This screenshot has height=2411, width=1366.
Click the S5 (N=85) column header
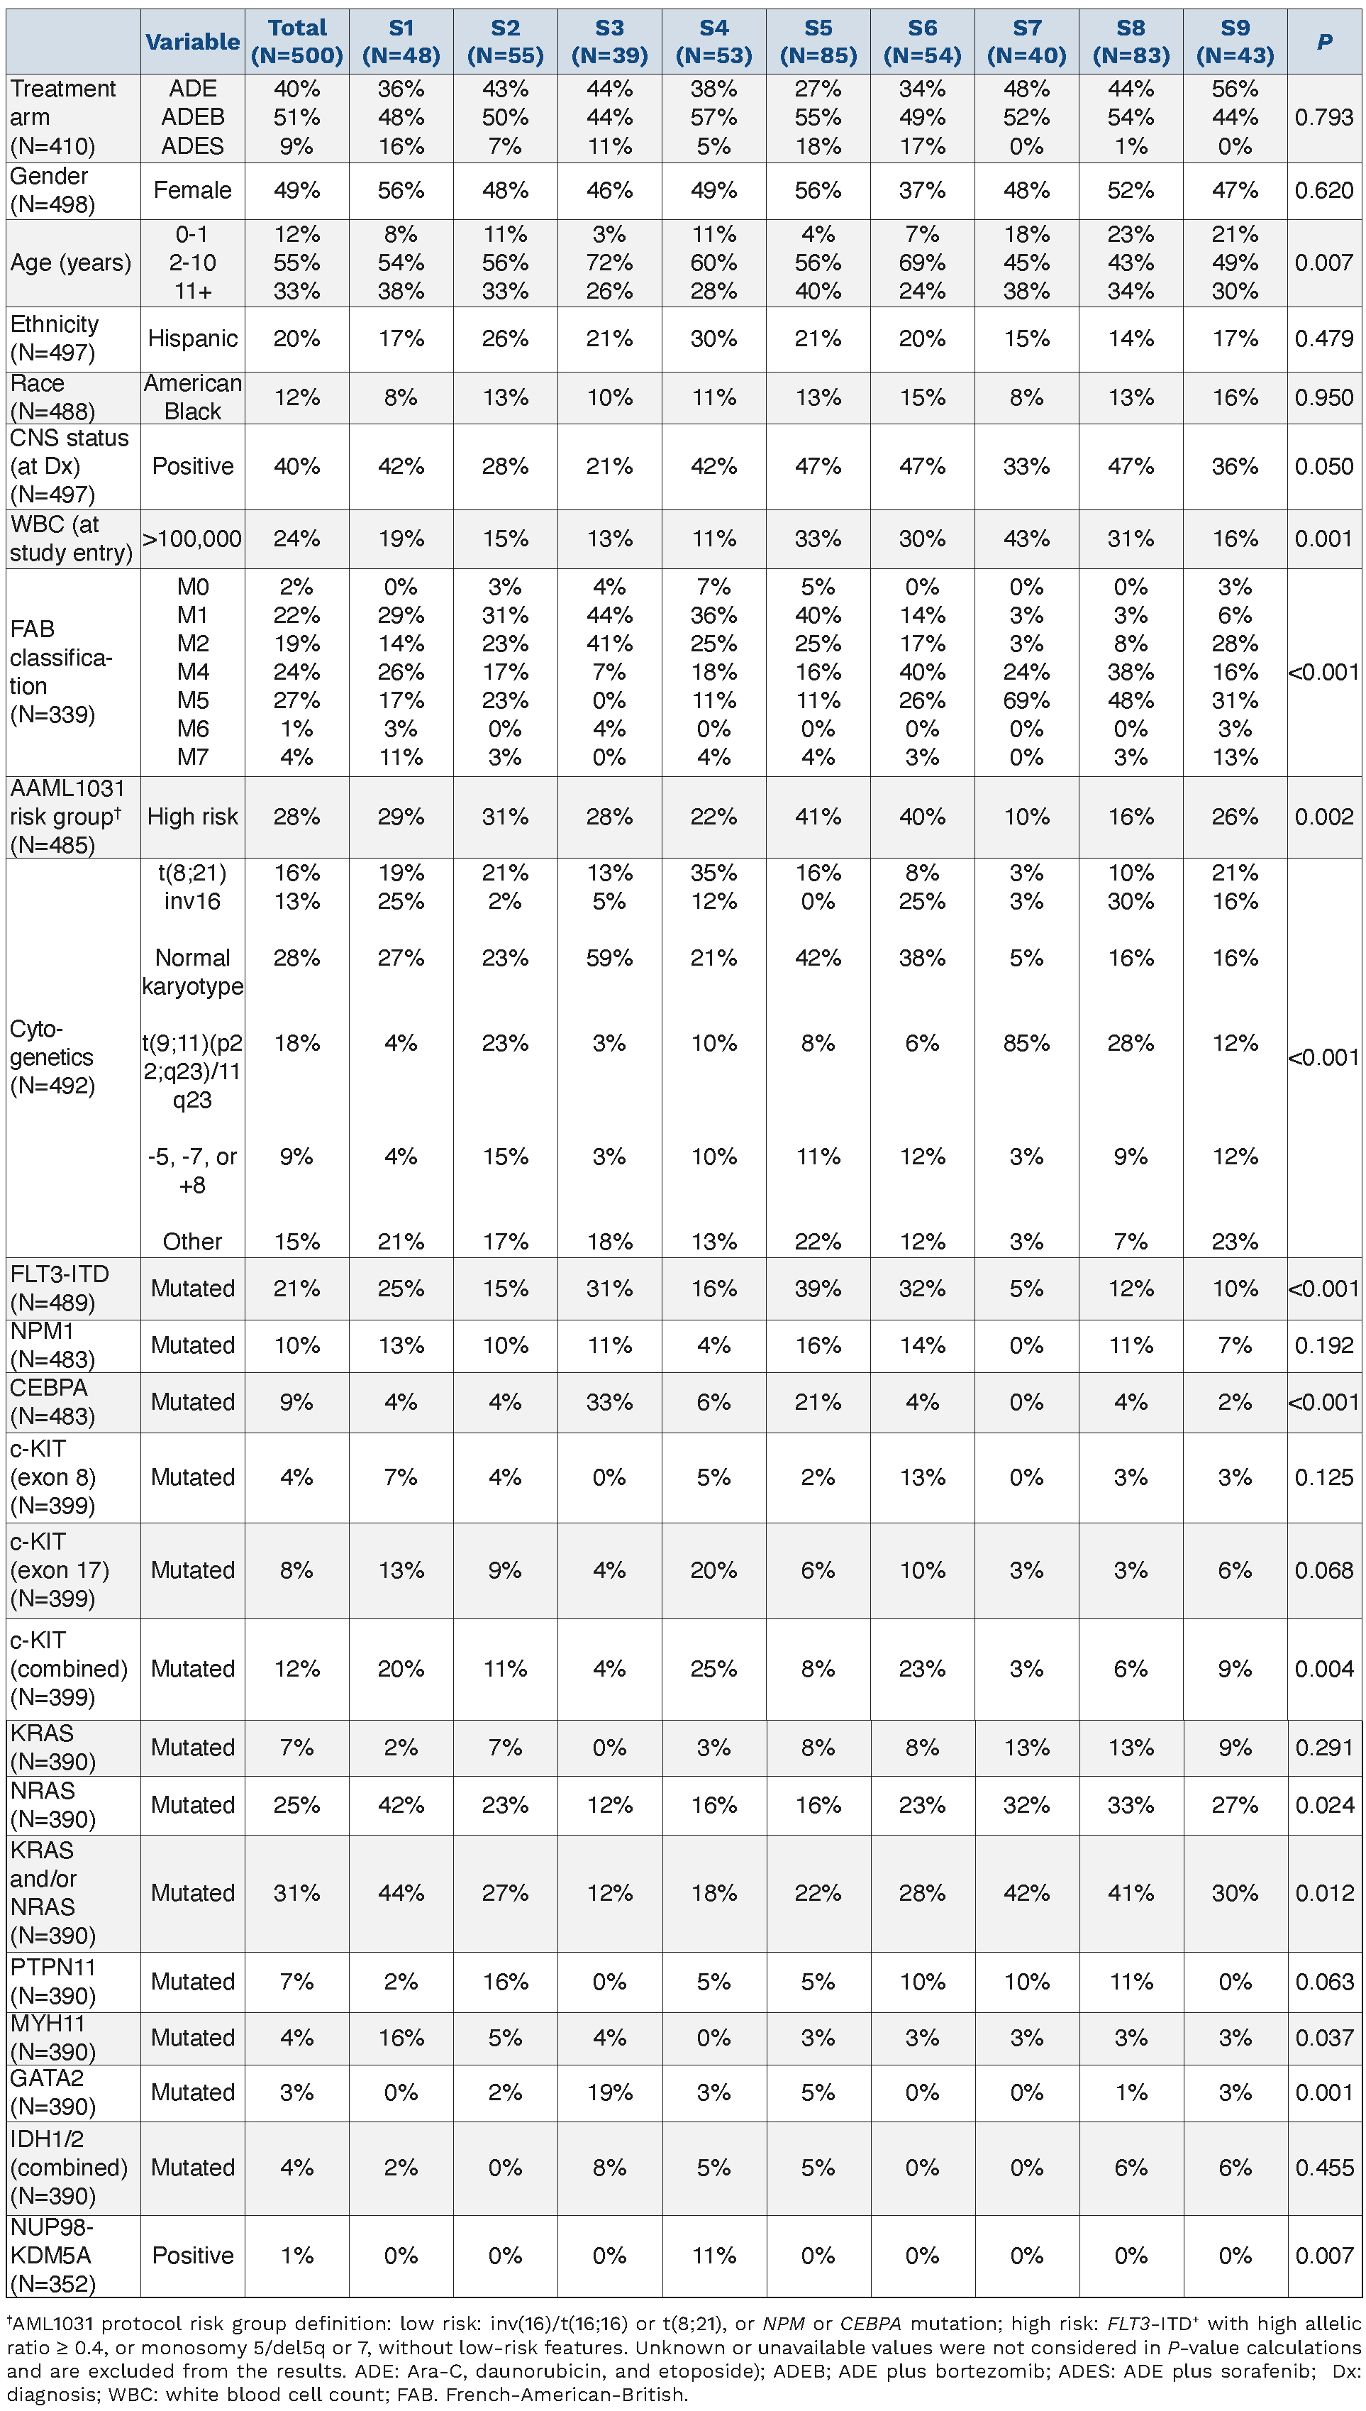click(x=818, y=41)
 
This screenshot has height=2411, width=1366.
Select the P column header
click(x=1323, y=41)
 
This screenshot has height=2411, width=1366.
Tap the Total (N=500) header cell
click(x=296, y=41)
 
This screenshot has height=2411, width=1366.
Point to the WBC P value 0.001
click(x=1323, y=539)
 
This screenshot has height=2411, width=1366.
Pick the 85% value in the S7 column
click(x=1026, y=1043)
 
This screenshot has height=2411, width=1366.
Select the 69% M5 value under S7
click(x=1026, y=700)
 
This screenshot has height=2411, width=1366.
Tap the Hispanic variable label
click(x=192, y=338)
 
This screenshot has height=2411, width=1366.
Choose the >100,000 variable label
click(x=192, y=539)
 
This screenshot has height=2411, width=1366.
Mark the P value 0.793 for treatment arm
click(x=1323, y=117)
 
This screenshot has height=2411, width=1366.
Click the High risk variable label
click(x=192, y=817)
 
